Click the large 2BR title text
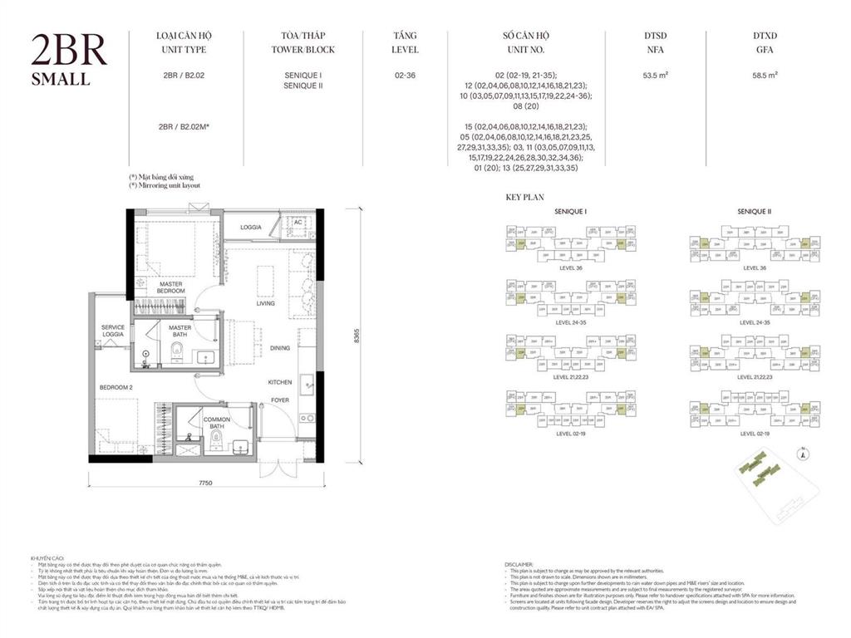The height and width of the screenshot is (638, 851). click(x=69, y=51)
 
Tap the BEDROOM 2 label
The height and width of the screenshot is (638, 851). click(x=116, y=388)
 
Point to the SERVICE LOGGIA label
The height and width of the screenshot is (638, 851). click(x=113, y=331)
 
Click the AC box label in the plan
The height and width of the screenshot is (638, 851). click(x=298, y=222)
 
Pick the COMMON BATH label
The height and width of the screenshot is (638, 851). click(x=217, y=423)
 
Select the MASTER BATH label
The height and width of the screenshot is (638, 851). click(x=180, y=331)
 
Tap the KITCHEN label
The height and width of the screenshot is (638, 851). click(x=279, y=382)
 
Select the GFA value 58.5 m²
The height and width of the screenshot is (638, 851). click(x=765, y=75)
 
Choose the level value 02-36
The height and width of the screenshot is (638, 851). click(x=406, y=75)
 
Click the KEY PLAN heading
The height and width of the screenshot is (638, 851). click(x=524, y=198)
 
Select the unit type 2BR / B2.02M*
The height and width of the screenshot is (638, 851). click(x=187, y=126)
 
